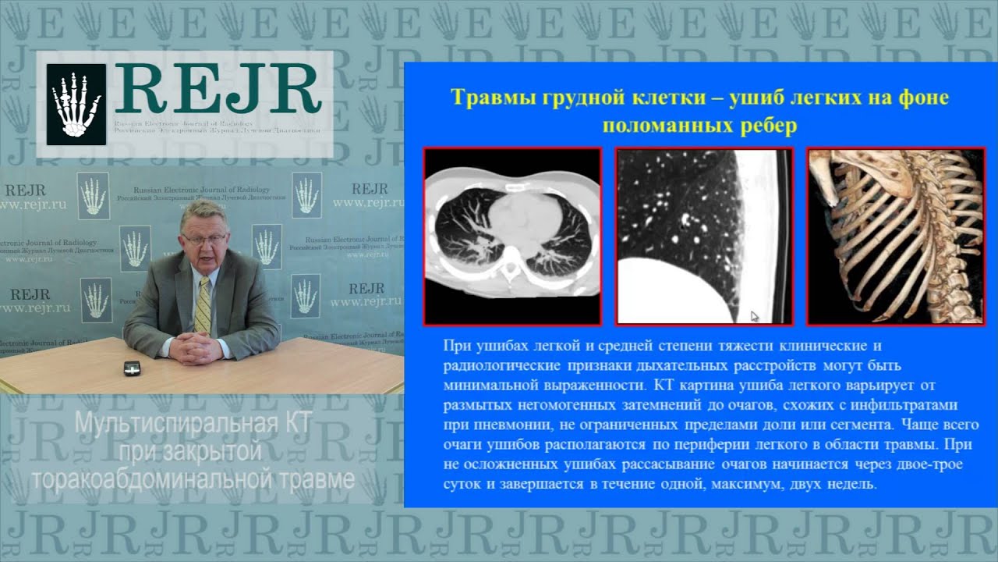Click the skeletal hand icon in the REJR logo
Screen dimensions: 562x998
tap(76, 104)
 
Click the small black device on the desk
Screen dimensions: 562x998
tap(132, 368)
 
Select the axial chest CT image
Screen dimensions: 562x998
tap(512, 236)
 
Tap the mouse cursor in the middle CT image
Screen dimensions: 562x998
tap(755, 316)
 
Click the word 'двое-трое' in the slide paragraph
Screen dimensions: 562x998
tap(931, 465)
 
